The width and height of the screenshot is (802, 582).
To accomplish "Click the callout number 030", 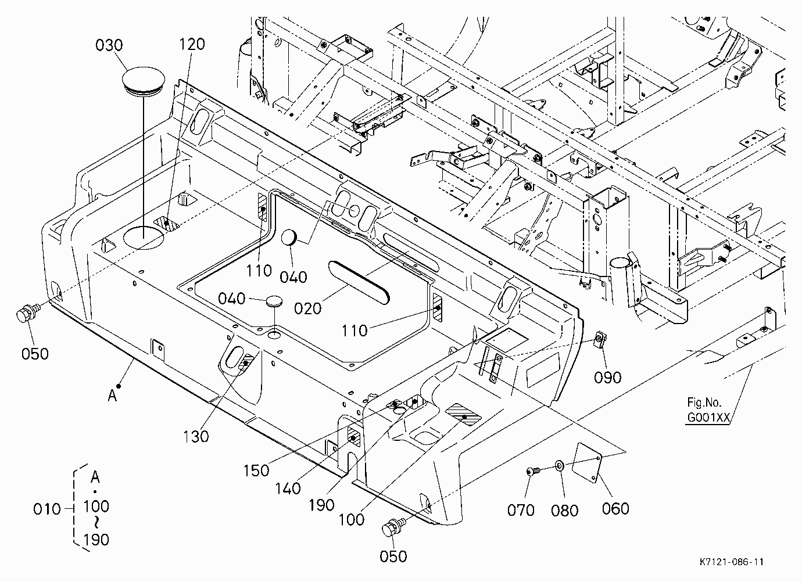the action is (x=109, y=45).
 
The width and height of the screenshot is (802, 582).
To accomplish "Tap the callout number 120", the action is (x=192, y=44).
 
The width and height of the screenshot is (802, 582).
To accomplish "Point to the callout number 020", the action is (x=307, y=308).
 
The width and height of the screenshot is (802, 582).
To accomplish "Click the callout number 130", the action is (x=196, y=436).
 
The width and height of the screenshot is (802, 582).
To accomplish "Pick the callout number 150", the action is (x=256, y=470).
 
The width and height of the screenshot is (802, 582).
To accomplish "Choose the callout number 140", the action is (x=288, y=488).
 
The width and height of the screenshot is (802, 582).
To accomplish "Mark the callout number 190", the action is (x=321, y=505).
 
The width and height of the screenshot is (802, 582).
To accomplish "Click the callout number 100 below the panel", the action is (x=352, y=519).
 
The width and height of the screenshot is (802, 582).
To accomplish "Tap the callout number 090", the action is (x=607, y=378).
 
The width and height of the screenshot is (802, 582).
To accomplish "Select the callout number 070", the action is (x=521, y=510).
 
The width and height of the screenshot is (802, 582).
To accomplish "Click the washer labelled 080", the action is (x=559, y=466).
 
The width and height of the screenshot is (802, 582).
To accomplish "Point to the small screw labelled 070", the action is (x=532, y=472).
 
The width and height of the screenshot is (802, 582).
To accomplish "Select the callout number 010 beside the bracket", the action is (x=47, y=509).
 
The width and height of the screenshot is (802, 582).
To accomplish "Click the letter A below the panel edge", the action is (x=112, y=396).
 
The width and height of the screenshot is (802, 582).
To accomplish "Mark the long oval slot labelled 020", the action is (x=359, y=282).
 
